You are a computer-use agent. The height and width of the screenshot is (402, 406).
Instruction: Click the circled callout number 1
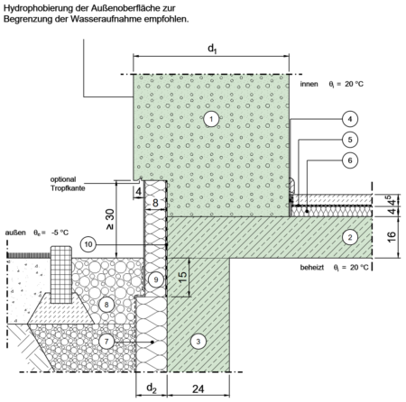[211, 119]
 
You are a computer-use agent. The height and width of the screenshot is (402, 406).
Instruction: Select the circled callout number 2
[350, 237]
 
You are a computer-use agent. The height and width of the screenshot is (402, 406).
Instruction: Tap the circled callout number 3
[198, 341]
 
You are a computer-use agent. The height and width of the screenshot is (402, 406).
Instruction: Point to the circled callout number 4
[350, 119]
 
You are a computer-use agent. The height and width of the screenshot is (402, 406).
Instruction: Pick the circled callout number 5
[350, 140]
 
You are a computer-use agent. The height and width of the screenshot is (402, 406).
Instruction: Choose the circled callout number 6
[350, 160]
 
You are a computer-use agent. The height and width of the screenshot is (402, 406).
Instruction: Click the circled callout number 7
[106, 342]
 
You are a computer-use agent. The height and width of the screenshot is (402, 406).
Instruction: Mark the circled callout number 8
[106, 305]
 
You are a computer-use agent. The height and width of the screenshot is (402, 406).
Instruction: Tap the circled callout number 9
[156, 279]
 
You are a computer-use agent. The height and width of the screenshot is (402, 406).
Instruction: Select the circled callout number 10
[88, 244]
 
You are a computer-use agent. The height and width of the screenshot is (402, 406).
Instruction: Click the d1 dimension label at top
[212, 49]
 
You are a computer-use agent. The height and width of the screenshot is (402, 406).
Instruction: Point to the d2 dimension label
[152, 388]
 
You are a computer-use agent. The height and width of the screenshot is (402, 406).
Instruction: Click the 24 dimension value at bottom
[198, 389]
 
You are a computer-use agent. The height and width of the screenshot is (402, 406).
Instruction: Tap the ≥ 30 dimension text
[110, 219]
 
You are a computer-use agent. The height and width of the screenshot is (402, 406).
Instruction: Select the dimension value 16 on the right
[392, 237]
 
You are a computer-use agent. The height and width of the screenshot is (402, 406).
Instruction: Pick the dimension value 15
[182, 278]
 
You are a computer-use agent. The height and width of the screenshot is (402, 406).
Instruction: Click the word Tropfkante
[68, 188]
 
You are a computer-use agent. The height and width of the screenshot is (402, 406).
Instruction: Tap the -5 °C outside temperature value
[60, 233]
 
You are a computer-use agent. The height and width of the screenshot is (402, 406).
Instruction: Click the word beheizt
[312, 267]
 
